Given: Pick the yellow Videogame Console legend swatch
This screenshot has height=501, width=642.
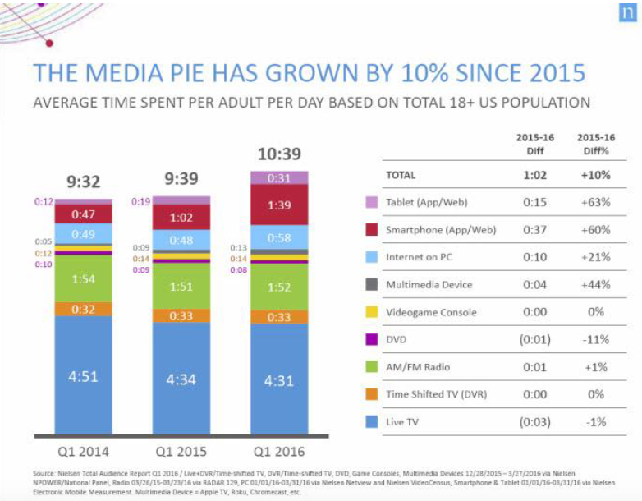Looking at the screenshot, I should [371, 312].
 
